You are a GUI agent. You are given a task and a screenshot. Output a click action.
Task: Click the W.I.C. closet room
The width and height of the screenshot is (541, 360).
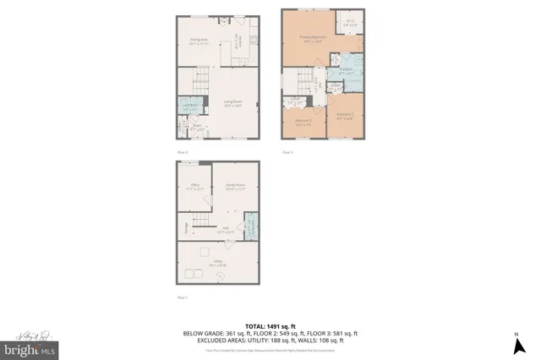pyautogui.click(x=349, y=25)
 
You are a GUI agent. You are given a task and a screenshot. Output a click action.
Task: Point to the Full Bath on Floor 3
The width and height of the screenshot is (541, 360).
pyautogui.click(x=346, y=70)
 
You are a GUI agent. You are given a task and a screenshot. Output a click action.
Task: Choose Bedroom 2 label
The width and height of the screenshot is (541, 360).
pyautogui.click(x=303, y=122)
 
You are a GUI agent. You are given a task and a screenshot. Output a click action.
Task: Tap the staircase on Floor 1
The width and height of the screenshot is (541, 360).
pyautogui.click(x=199, y=222)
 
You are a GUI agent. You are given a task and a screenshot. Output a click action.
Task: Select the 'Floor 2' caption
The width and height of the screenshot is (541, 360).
pyautogui.click(x=182, y=151)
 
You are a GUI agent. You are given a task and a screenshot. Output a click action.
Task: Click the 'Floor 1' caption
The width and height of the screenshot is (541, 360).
pyautogui.click(x=182, y=298)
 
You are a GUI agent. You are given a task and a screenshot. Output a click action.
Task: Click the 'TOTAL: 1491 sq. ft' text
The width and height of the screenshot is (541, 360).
pyautogui.click(x=270, y=326)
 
